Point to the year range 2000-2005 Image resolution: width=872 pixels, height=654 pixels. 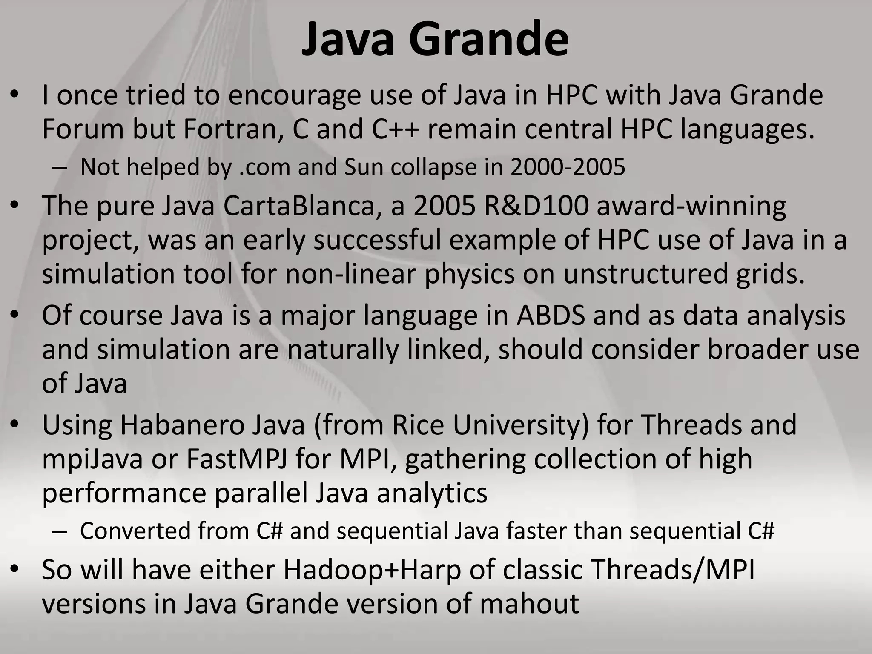(x=568, y=167)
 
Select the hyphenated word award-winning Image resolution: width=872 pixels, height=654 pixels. (x=691, y=207)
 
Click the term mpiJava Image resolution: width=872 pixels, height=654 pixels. (x=92, y=460)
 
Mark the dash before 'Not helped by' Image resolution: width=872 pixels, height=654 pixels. (x=60, y=168)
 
